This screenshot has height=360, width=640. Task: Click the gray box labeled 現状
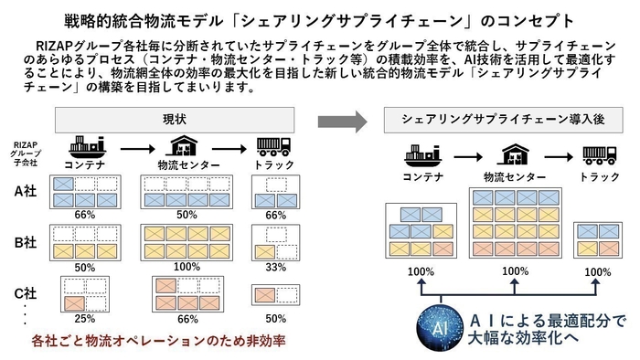[x=175, y=120]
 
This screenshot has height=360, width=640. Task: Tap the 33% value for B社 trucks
[x=275, y=267]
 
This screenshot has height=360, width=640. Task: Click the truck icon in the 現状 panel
[x=274, y=146]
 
